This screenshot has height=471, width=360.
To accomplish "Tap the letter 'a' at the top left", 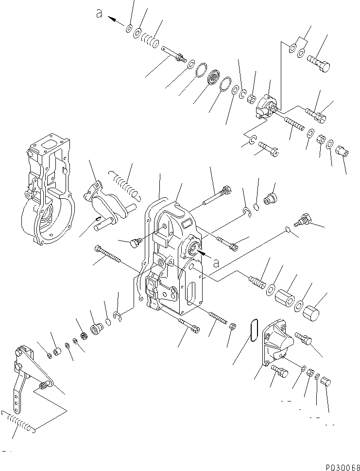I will [x=99, y=15].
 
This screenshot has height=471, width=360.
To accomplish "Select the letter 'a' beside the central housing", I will [x=217, y=263].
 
